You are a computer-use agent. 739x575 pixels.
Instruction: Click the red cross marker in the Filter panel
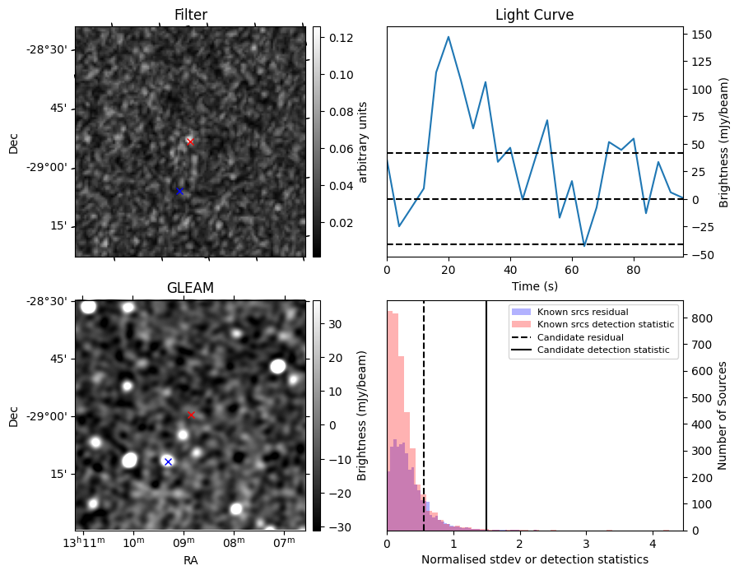(x=190, y=141)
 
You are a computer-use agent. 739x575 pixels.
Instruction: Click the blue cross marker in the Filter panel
(x=179, y=191)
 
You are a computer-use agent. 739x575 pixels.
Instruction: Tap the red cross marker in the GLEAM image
(x=191, y=415)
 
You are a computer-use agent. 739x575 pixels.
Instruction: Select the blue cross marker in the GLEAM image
(x=168, y=461)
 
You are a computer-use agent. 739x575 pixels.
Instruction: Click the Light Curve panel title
(x=534, y=15)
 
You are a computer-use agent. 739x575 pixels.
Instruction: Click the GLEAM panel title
(x=190, y=288)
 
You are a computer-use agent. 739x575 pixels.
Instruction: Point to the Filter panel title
(x=190, y=15)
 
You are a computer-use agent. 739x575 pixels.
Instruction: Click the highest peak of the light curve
(x=449, y=37)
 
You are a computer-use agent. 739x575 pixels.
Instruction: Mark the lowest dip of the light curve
(x=584, y=246)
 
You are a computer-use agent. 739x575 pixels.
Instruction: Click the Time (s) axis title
(x=534, y=285)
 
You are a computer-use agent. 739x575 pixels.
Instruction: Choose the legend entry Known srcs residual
(x=583, y=312)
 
